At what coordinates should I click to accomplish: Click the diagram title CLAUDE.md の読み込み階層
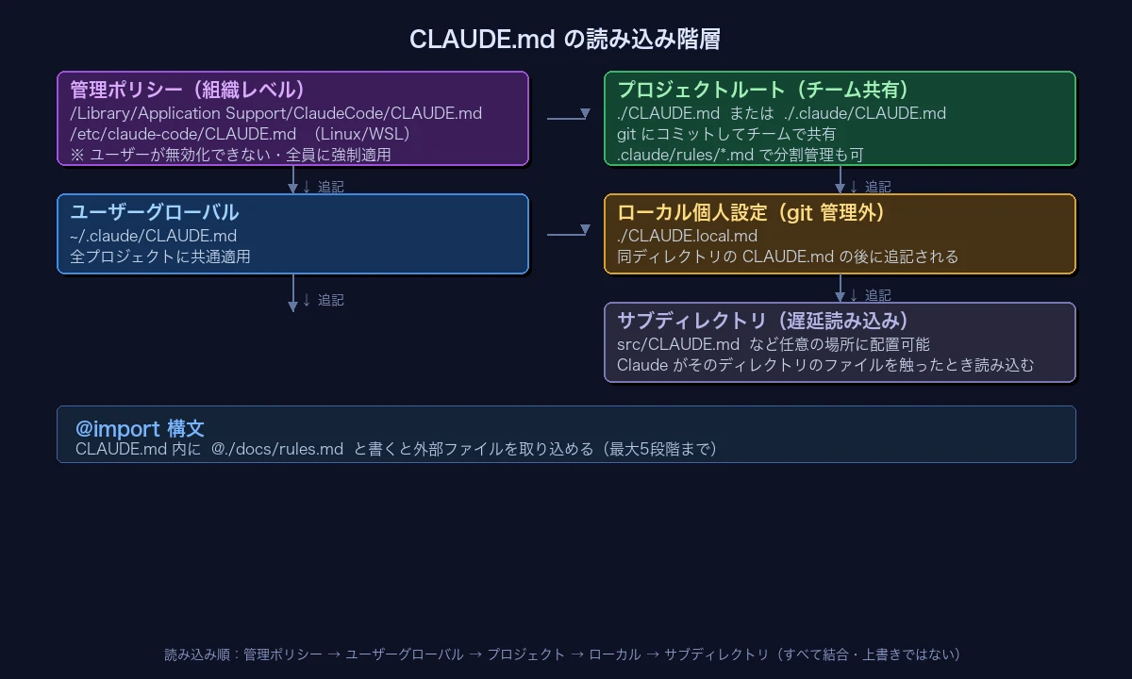pyautogui.click(x=565, y=40)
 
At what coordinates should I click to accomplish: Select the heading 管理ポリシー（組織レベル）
pyautogui.click(x=190, y=90)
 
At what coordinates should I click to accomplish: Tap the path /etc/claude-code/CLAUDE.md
pyautogui.click(x=183, y=134)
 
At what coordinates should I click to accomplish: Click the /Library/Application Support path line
pyautogui.click(x=275, y=113)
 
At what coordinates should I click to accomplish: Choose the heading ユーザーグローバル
pyautogui.click(x=155, y=212)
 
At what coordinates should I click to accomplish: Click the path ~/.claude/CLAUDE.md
pyautogui.click(x=153, y=236)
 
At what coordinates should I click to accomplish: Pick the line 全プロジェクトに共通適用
pyautogui.click(x=160, y=257)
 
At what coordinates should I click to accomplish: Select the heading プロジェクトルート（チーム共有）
pyautogui.click(x=764, y=90)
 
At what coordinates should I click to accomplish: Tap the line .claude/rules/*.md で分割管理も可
pyautogui.click(x=740, y=155)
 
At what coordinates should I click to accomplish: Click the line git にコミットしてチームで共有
pyautogui.click(x=725, y=134)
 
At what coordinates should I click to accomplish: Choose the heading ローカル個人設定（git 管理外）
pyautogui.click(x=752, y=212)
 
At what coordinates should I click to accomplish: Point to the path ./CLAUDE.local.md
pyautogui.click(x=687, y=236)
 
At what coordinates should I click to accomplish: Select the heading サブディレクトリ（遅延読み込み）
pyautogui.click(x=764, y=321)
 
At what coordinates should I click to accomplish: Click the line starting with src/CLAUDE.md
pyautogui.click(x=773, y=344)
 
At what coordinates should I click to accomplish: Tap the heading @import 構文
pyautogui.click(x=140, y=429)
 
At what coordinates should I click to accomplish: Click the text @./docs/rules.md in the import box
pyautogui.click(x=277, y=449)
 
